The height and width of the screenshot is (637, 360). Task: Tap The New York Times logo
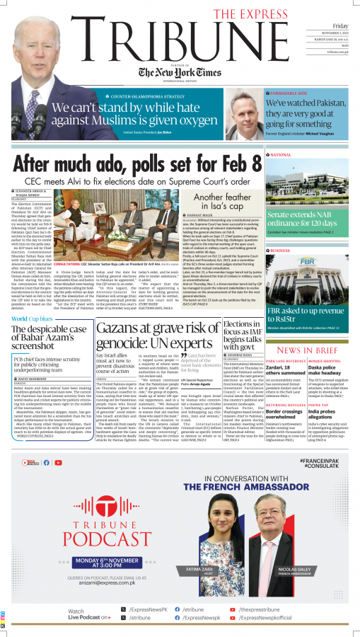[180, 73]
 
